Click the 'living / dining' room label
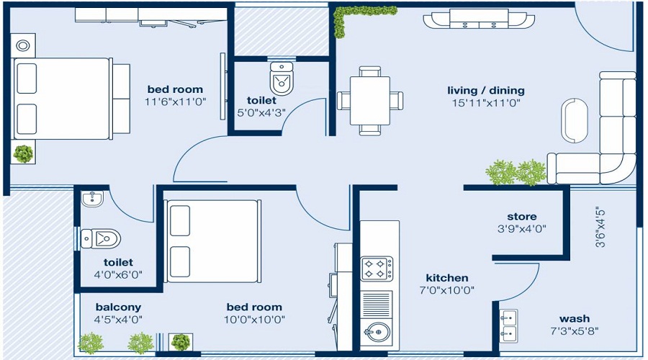tap(486, 91)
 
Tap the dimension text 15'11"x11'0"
tap(486, 103)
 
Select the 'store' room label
tap(522, 217)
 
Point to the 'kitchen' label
tap(447, 278)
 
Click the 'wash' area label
tap(574, 319)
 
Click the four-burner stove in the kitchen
tap(377, 269)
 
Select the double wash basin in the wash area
tap(509, 325)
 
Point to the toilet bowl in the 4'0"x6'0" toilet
tap(100, 238)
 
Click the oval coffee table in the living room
tap(575, 119)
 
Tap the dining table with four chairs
tap(370, 100)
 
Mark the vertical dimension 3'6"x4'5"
tap(599, 228)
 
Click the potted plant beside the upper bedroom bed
tap(24, 153)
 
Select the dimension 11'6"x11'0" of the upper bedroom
tap(176, 102)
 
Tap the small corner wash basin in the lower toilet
tap(91, 198)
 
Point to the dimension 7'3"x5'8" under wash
tap(574, 331)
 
